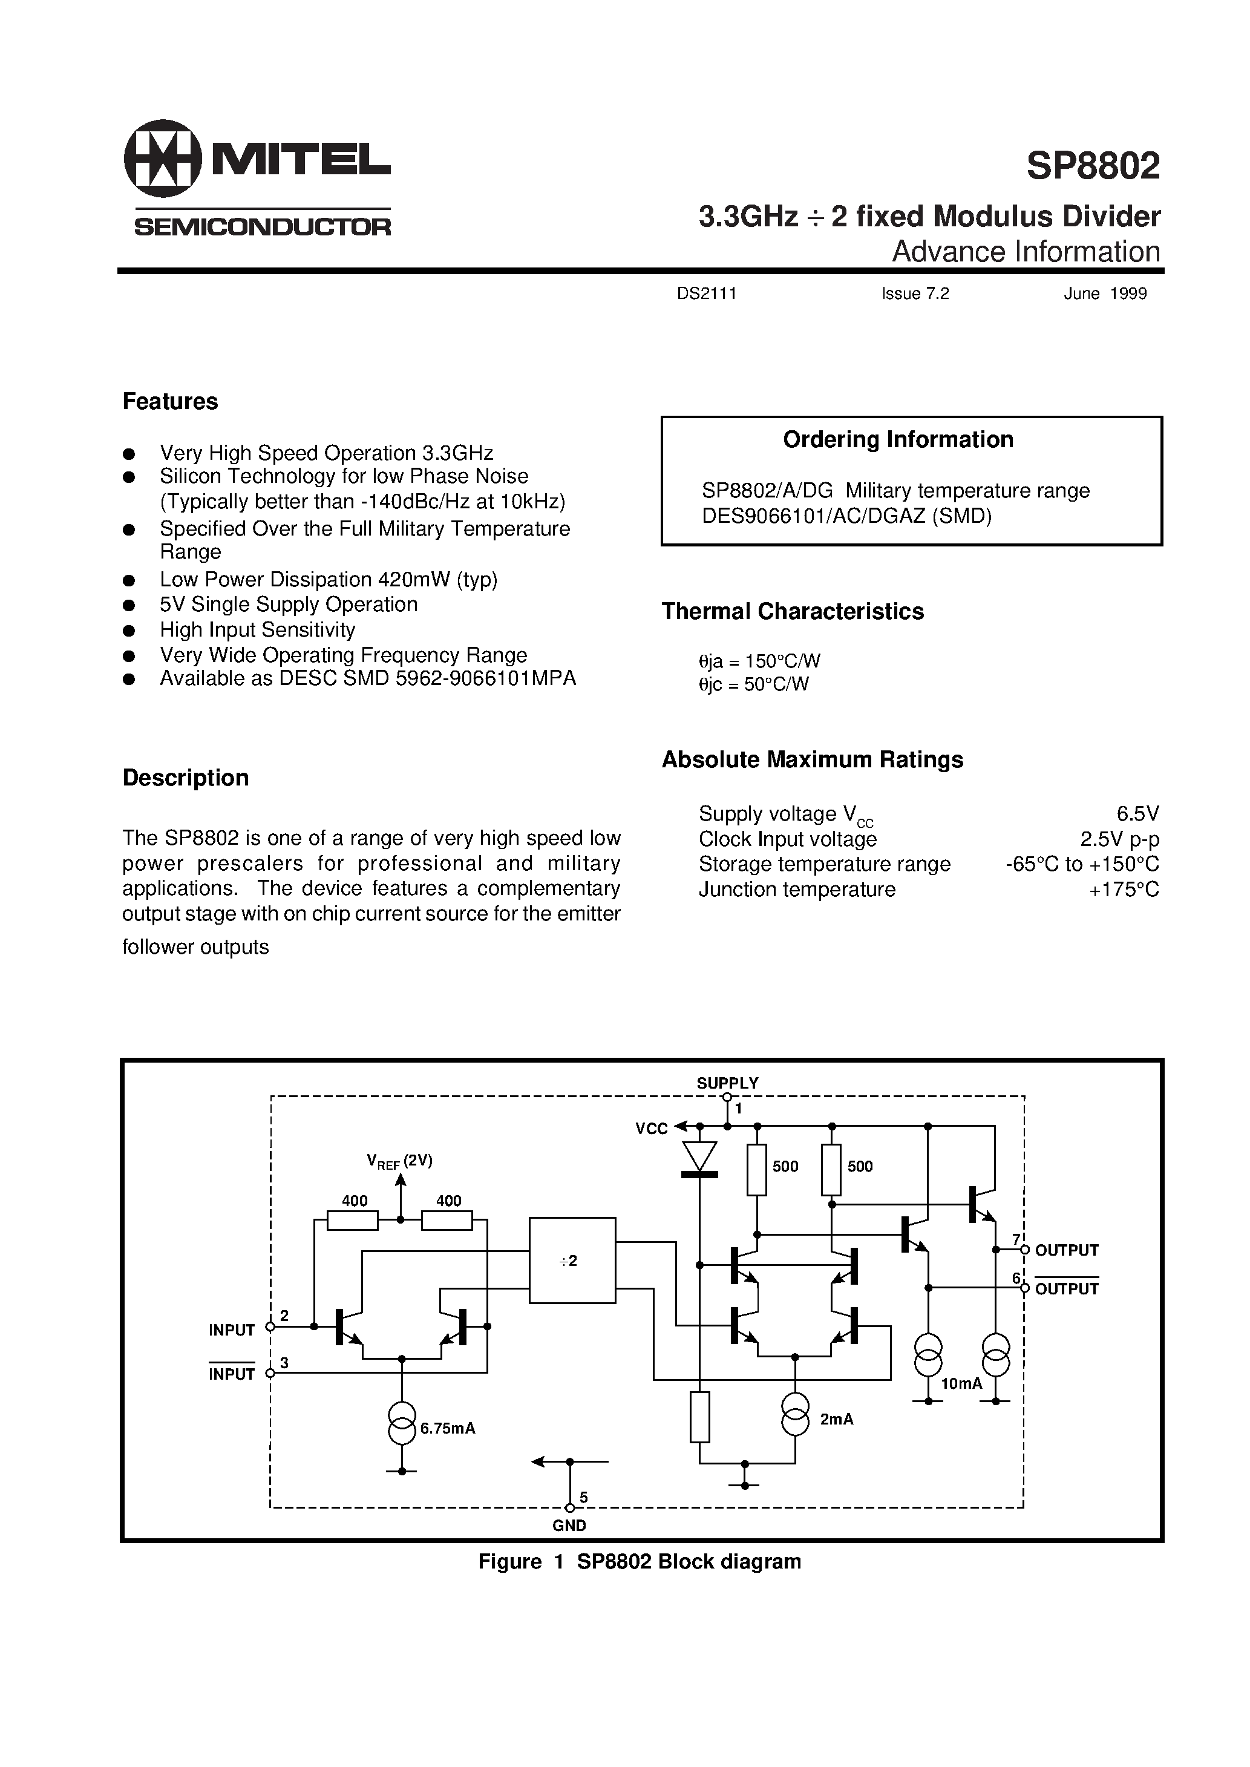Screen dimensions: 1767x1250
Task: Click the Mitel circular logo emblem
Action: click(162, 159)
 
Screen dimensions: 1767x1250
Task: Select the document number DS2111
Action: click(707, 293)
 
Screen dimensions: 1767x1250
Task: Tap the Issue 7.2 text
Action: click(915, 293)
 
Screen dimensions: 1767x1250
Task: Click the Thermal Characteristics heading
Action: click(792, 611)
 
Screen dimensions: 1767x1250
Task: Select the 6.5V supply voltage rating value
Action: click(1137, 813)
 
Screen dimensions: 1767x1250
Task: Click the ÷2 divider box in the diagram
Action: click(571, 1261)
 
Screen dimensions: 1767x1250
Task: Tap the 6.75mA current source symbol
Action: click(402, 1423)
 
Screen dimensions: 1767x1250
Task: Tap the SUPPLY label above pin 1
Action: click(727, 1083)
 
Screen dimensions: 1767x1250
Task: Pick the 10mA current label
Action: click(961, 1383)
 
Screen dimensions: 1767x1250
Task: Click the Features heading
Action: click(170, 402)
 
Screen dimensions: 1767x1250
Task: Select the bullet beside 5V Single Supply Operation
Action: click(129, 606)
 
